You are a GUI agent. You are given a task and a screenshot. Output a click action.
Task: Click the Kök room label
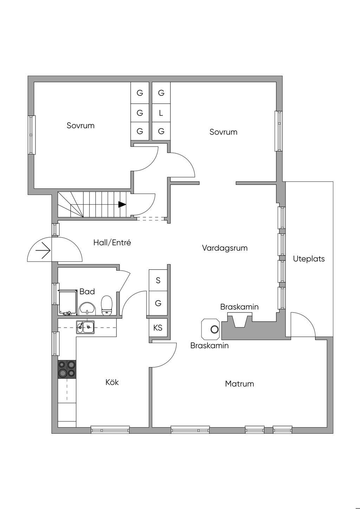(x=112, y=382)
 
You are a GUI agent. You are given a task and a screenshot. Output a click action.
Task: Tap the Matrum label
(x=239, y=384)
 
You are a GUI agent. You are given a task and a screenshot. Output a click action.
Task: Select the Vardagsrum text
(x=225, y=248)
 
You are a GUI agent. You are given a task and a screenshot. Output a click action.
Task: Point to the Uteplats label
(x=309, y=259)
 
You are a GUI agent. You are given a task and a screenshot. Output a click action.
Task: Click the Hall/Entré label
(x=112, y=242)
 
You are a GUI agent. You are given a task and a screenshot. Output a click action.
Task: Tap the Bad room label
(x=87, y=291)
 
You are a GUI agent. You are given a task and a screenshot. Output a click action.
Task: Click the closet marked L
(x=161, y=113)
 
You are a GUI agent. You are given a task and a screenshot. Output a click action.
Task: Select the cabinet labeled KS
(x=158, y=328)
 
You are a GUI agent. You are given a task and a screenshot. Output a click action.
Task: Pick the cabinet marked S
(x=158, y=280)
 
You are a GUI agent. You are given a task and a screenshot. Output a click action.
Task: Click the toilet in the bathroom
(x=106, y=305)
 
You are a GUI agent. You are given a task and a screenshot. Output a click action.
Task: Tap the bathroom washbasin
(x=87, y=308)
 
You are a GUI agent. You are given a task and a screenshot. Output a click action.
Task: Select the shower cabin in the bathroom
(x=68, y=302)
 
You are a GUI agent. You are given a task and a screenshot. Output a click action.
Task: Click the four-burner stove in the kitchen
(x=67, y=369)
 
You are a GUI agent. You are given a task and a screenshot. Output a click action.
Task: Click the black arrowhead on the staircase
(x=122, y=204)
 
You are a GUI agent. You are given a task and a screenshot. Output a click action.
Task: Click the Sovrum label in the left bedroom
(x=81, y=125)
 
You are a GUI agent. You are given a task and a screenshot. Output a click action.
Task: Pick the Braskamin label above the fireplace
(x=239, y=307)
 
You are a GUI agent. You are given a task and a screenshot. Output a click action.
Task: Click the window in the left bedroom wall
(x=32, y=135)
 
